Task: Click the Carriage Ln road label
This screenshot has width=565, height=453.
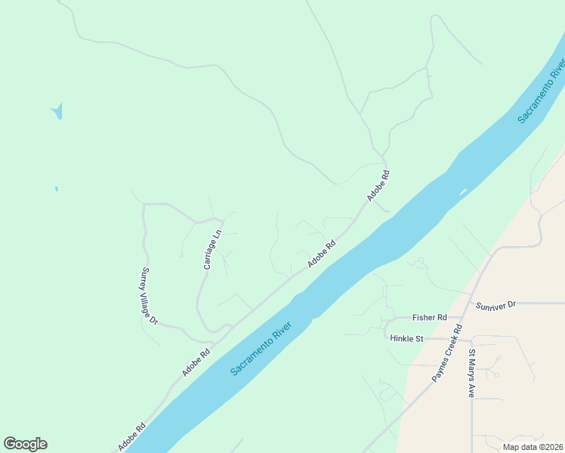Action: [x=211, y=249]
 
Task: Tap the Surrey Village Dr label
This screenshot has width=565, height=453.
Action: [x=149, y=296]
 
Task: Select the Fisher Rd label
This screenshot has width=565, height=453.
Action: [x=430, y=318]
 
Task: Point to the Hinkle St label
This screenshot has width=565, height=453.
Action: [x=406, y=339]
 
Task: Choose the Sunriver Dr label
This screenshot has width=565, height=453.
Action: [x=496, y=305]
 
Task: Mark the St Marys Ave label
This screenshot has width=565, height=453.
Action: [x=471, y=374]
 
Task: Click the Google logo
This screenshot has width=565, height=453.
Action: [x=25, y=444]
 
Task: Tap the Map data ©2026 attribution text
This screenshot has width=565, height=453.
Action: [x=533, y=446]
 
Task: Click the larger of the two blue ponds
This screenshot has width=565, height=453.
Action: [x=57, y=112]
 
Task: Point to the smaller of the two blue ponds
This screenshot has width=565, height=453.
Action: [x=56, y=189]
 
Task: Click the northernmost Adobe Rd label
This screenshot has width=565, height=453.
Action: [x=378, y=185]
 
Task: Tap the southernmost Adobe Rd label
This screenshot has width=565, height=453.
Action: [x=132, y=436]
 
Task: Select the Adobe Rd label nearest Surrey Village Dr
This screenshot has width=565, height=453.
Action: [x=196, y=362]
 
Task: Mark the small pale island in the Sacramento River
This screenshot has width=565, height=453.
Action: [x=462, y=191]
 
